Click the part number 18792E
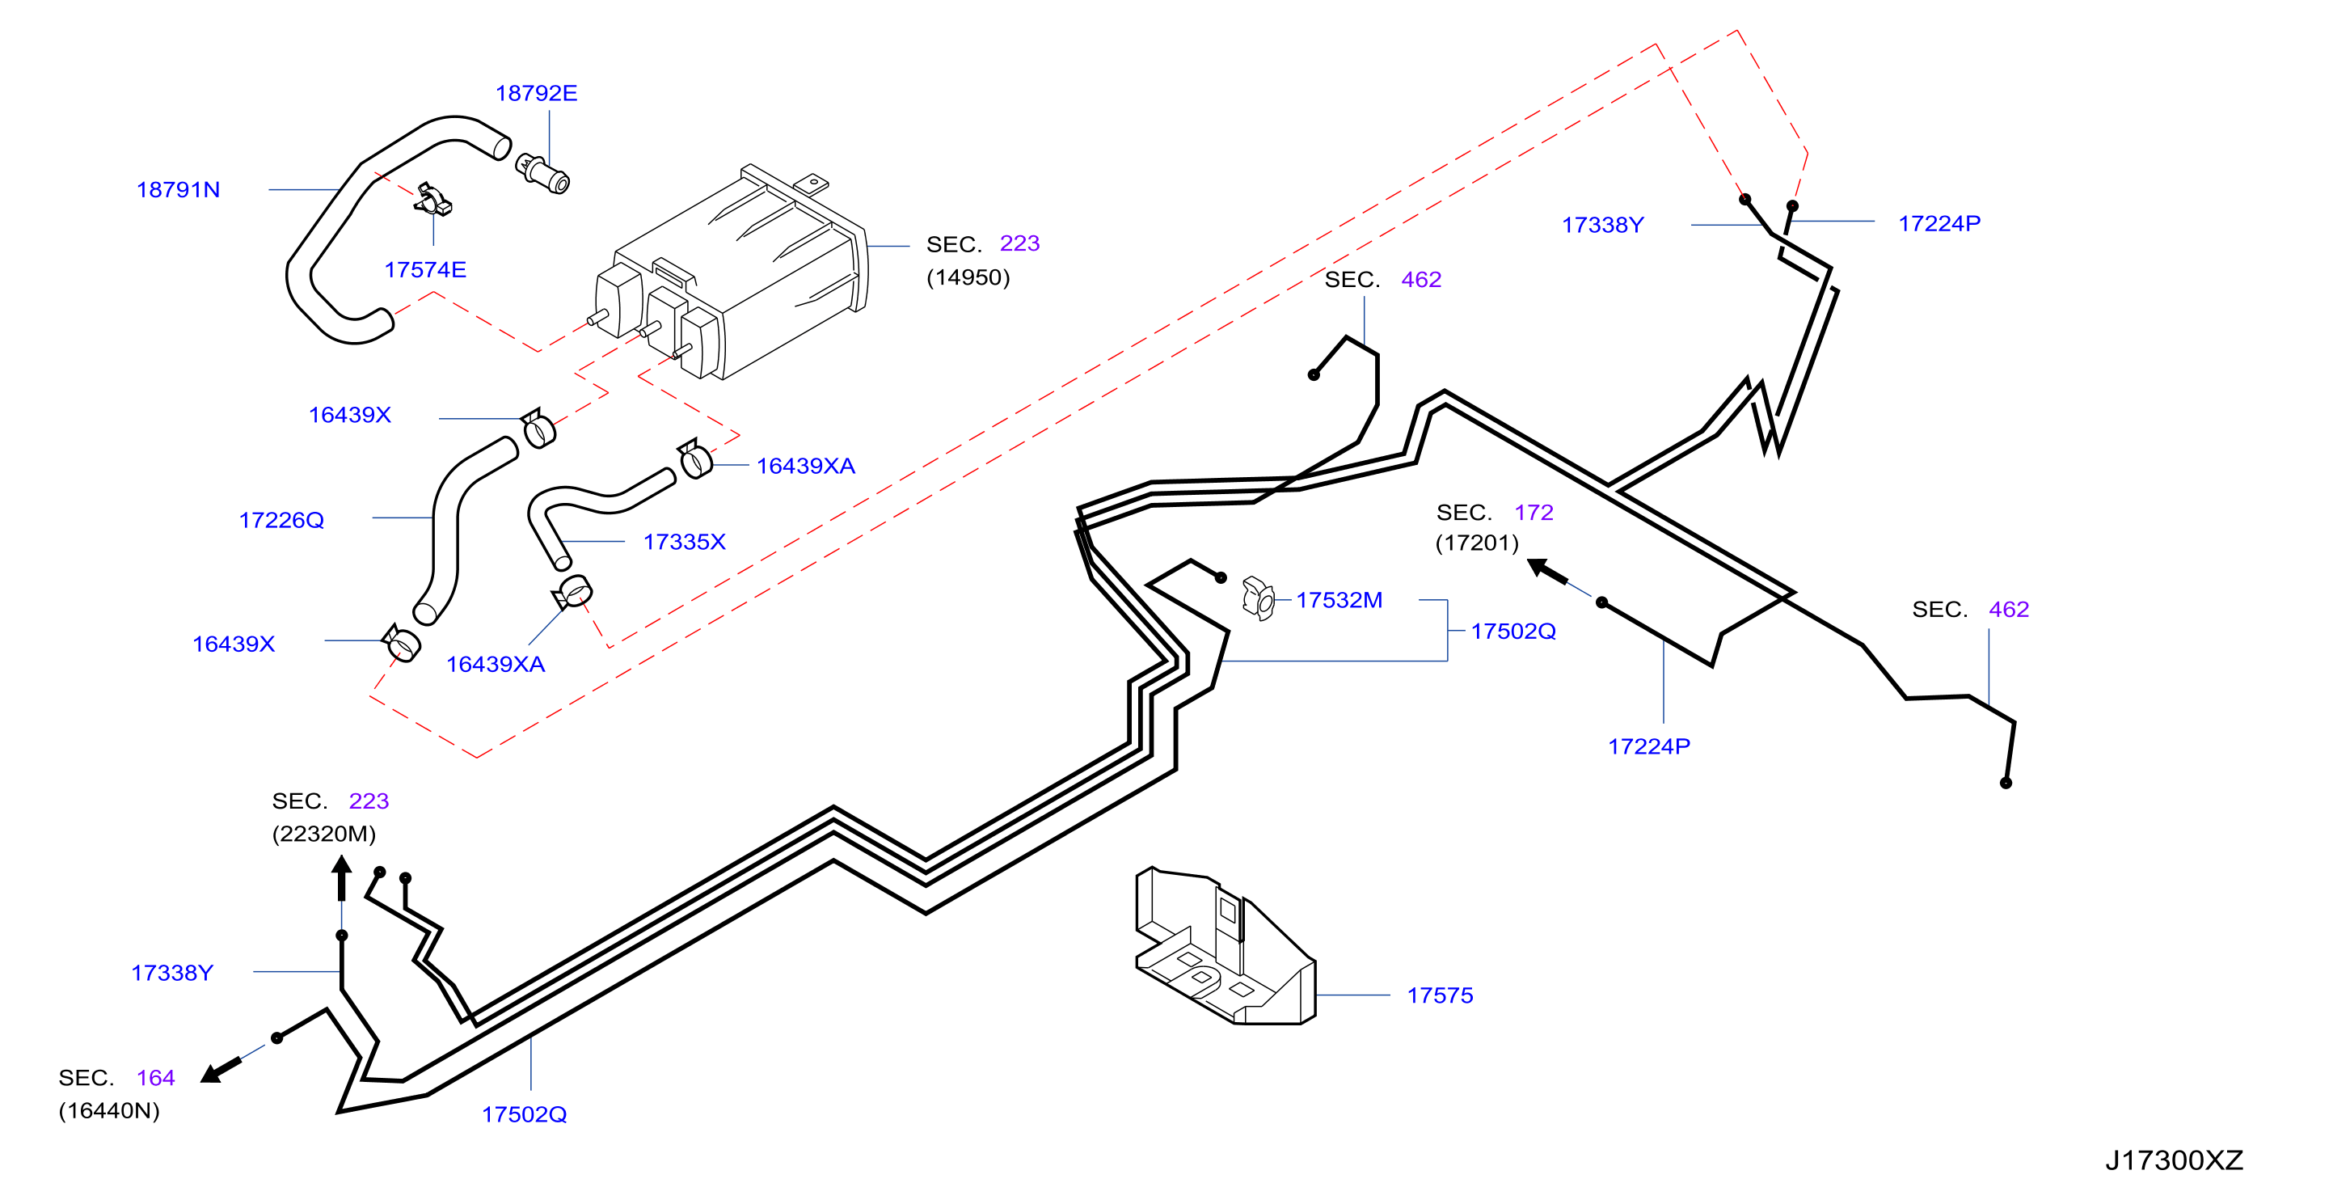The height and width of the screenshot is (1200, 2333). (536, 93)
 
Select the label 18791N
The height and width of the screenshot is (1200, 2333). (179, 190)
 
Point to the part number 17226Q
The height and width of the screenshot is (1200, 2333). (281, 521)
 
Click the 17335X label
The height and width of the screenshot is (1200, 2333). (685, 543)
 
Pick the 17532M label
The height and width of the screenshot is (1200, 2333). (1339, 601)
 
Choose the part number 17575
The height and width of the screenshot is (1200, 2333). (1440, 996)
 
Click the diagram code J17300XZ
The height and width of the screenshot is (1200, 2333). (2174, 1161)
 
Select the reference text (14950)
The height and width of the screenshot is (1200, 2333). (968, 278)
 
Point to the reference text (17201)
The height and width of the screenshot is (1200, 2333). (1477, 543)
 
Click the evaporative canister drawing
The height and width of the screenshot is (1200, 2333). (730, 272)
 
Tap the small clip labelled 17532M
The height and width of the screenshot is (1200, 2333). (1259, 598)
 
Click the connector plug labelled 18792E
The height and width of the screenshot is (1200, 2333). (542, 173)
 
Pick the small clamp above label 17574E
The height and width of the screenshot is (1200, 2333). (434, 199)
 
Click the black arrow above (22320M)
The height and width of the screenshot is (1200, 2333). (341, 878)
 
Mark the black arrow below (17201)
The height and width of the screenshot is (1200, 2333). (1547, 571)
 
